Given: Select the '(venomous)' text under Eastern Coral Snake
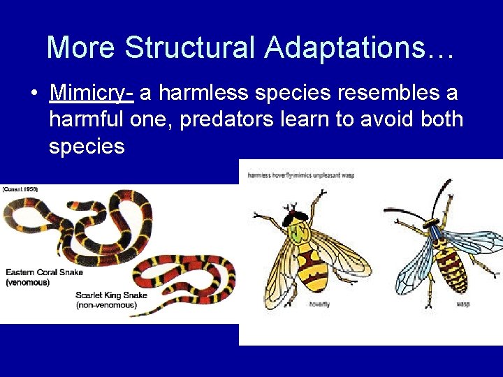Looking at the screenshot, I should pos(28,282).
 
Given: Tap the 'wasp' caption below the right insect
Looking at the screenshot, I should pos(463,304).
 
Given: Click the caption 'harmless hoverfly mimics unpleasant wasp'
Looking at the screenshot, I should pos(301,175).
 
